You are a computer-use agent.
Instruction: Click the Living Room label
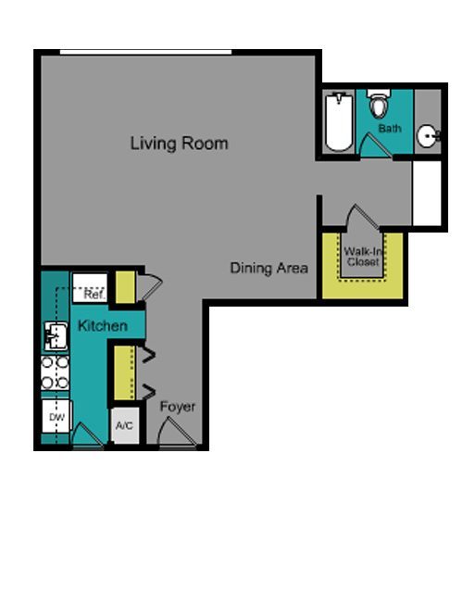coord(180,144)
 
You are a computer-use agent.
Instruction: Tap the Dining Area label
coord(269,268)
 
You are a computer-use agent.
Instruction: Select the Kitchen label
coord(103,326)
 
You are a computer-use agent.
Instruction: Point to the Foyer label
coord(178,407)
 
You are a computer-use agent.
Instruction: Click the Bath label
coord(390,129)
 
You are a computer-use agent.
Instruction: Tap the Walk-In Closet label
coord(363,257)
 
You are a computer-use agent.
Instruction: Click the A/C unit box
coord(124,425)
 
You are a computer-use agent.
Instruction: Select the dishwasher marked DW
coord(56,416)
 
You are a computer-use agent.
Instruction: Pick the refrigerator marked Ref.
coord(90,288)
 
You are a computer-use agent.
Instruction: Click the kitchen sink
coord(56,335)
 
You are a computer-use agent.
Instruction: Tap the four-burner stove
coord(55,373)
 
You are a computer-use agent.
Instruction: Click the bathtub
coord(339,121)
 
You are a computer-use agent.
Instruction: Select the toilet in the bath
coord(379,103)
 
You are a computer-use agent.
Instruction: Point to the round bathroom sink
coord(429,135)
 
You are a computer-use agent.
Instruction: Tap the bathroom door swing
coord(374,145)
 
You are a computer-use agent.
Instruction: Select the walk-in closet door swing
coord(362,217)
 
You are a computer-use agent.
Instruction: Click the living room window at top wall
coord(145,52)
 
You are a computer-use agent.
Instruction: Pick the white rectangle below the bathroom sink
coord(427,193)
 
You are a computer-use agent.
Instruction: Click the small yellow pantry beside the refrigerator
coord(125,287)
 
